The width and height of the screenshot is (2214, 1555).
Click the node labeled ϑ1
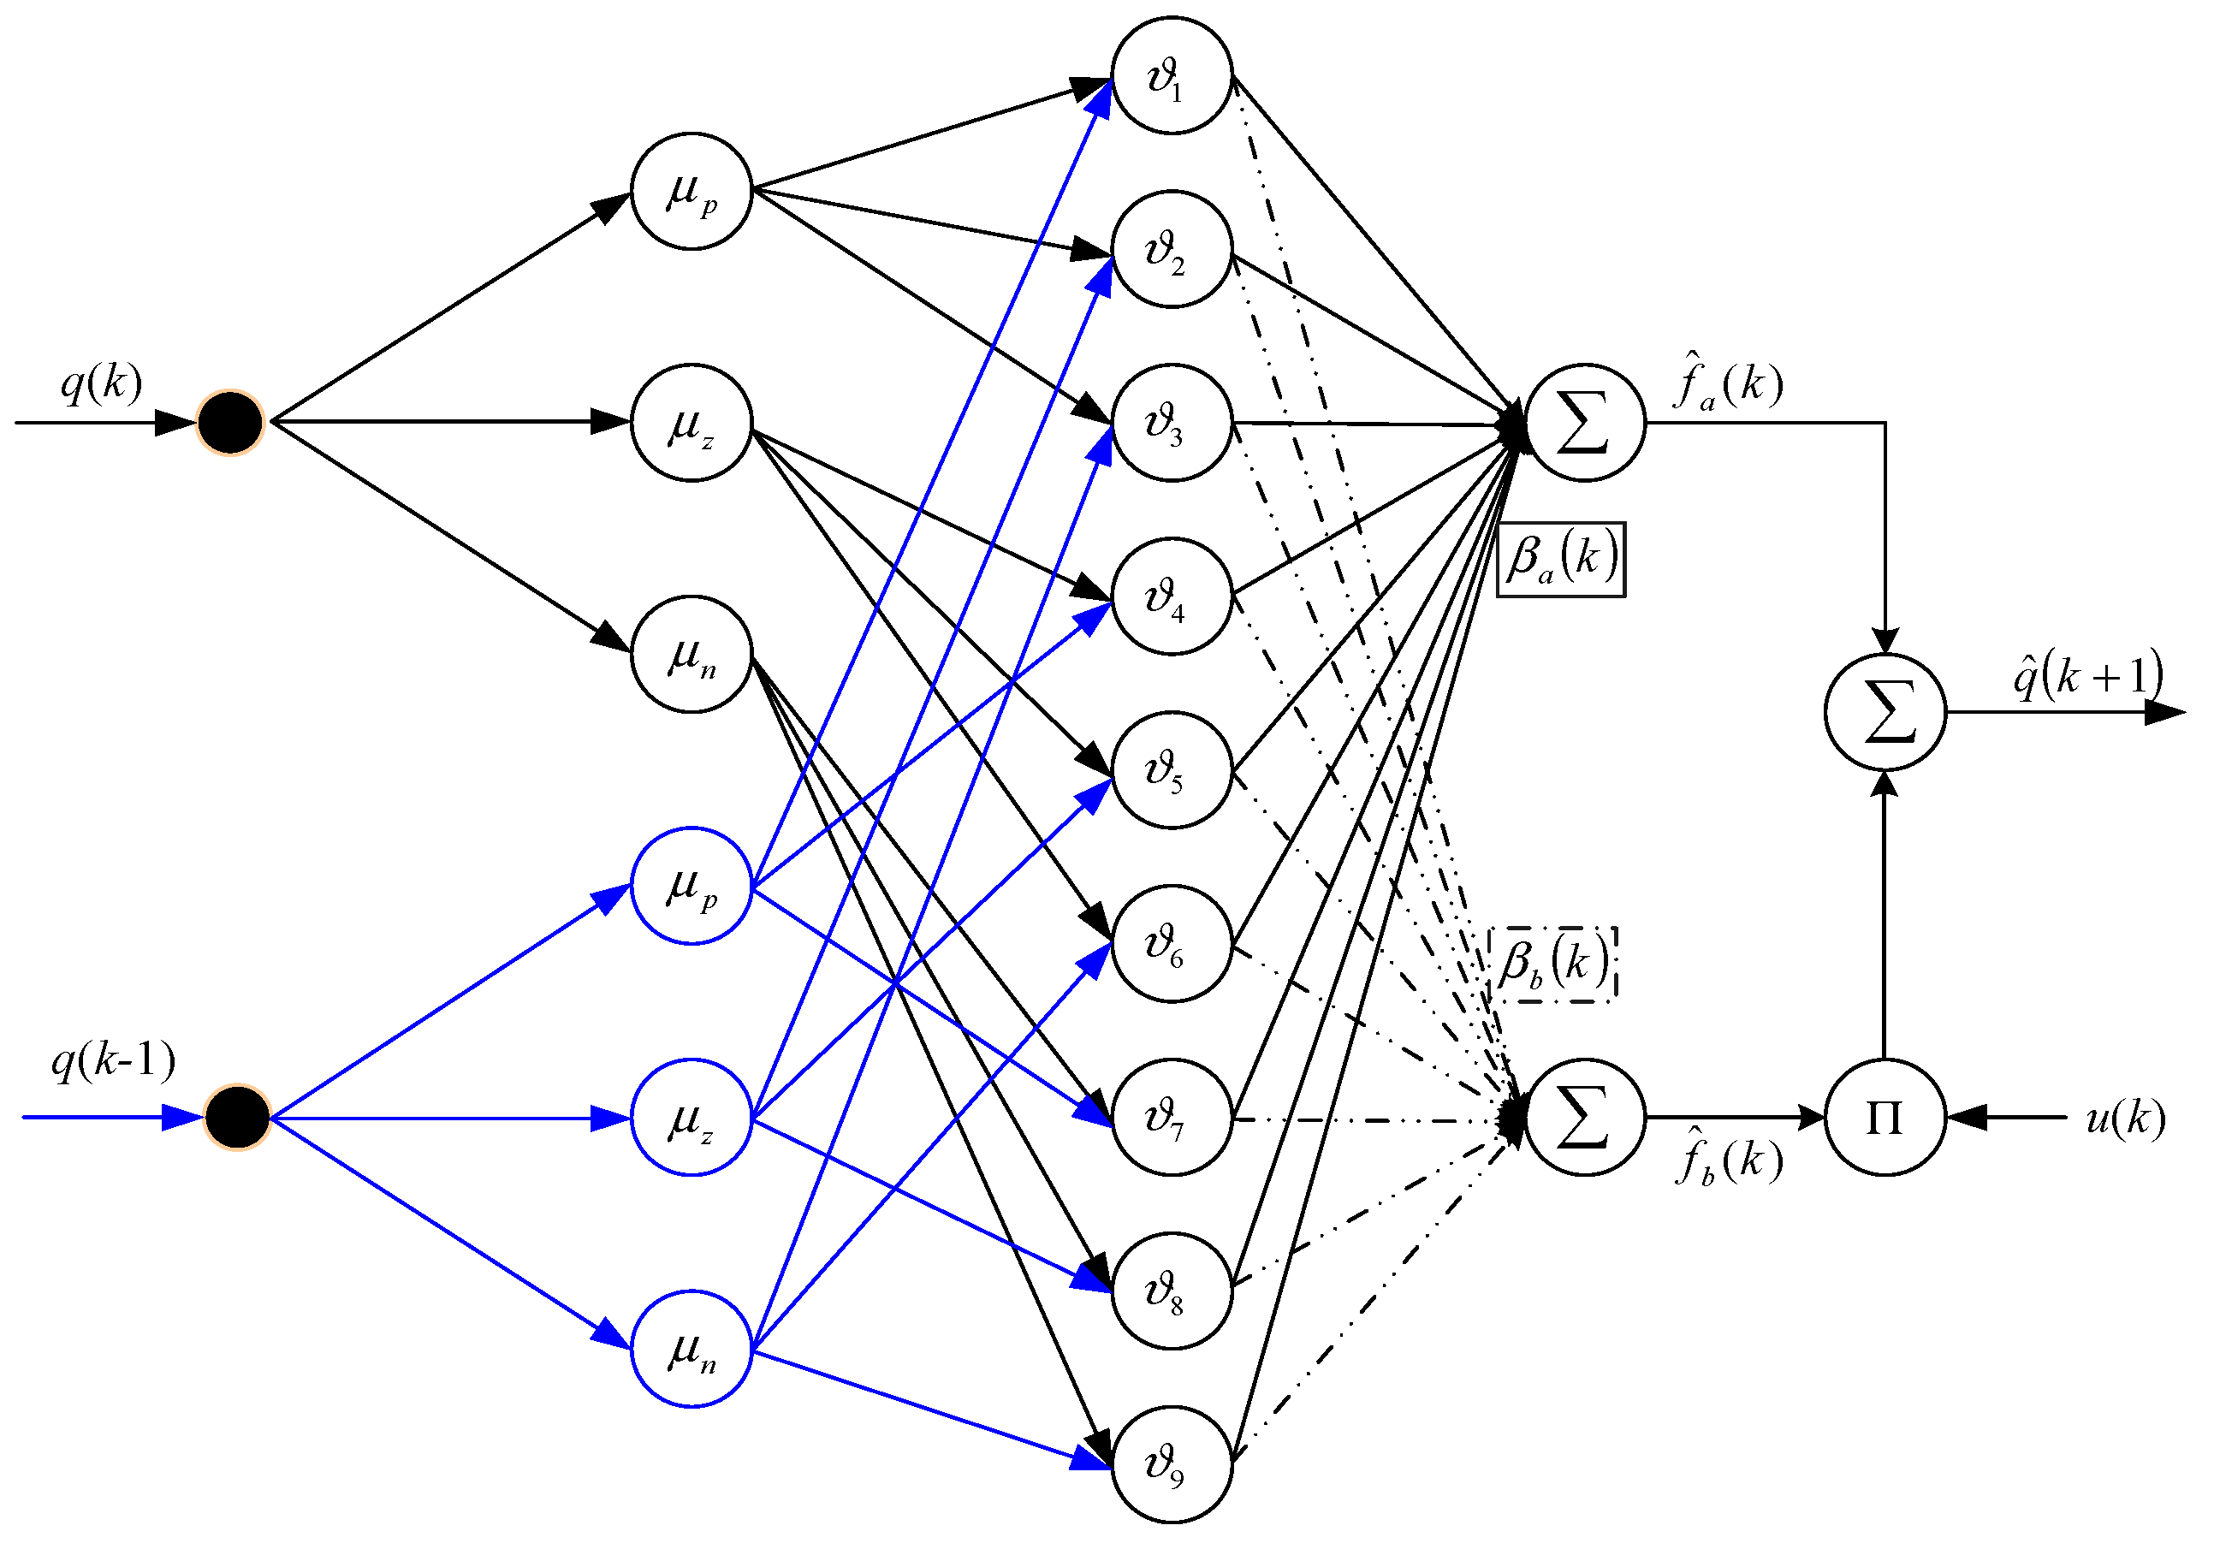point(1172,75)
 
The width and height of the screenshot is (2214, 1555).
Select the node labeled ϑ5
point(1172,770)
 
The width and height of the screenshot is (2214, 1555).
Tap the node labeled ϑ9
point(1172,1464)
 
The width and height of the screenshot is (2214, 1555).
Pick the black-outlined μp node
point(692,191)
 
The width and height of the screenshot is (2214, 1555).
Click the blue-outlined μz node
point(692,1118)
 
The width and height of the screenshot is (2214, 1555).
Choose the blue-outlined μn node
point(692,1349)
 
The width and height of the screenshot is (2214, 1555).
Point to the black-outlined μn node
point(692,655)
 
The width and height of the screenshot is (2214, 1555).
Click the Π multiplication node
point(1885,1118)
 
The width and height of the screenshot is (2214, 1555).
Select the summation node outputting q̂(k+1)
point(1885,712)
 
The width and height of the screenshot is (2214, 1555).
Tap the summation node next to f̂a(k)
point(1584,422)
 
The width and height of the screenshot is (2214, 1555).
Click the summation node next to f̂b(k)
point(1584,1118)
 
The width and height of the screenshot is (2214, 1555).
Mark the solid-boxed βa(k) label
point(1561,560)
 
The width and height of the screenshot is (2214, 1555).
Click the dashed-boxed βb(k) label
point(1552,964)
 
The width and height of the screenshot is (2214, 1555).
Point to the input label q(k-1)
point(114,1060)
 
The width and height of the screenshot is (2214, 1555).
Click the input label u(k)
point(2124,1119)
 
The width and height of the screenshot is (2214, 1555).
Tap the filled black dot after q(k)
point(230,422)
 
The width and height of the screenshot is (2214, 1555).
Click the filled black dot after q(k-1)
point(237,1118)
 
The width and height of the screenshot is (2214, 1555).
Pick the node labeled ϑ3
point(1172,422)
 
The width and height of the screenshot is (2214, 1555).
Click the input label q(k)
point(101,383)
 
